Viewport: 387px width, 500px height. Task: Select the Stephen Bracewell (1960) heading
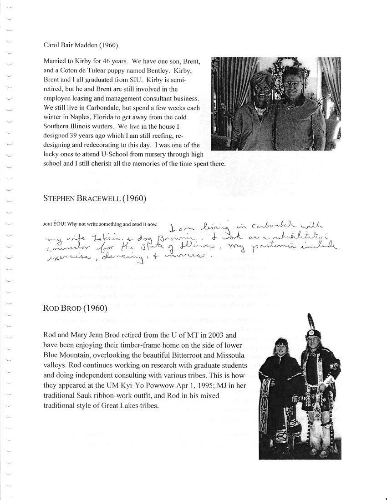(94, 198)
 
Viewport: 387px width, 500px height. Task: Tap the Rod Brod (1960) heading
(75, 309)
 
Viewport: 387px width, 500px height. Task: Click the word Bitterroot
(201, 355)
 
